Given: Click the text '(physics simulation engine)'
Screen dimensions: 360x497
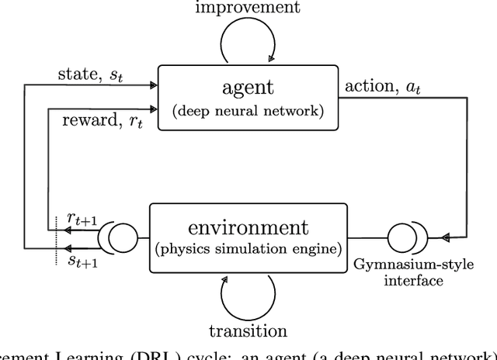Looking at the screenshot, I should coord(248,249).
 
